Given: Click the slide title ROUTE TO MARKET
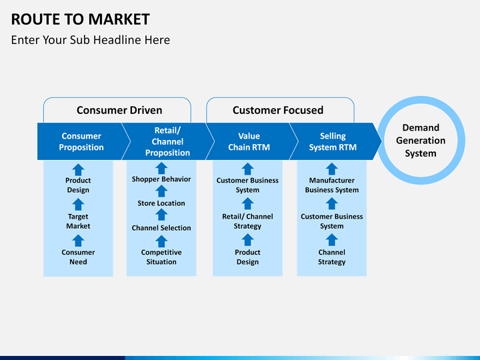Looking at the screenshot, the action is (x=80, y=19).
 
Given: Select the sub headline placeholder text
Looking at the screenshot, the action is (x=90, y=40).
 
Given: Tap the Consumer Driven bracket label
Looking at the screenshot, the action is (x=119, y=110).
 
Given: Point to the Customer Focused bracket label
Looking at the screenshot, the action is (x=278, y=110).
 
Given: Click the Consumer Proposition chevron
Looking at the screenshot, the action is (x=81, y=141).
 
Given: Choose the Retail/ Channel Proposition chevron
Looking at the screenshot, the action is (x=167, y=141).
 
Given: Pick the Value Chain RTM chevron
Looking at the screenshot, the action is (x=249, y=141).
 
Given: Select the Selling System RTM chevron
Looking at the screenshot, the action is (x=333, y=141).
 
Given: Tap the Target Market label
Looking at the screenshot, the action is (x=78, y=221).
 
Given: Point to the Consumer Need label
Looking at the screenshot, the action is (x=78, y=257).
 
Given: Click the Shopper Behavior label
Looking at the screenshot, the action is (x=161, y=179).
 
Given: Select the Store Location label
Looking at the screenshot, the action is (x=161, y=203).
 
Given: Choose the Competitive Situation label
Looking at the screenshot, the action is (x=161, y=257).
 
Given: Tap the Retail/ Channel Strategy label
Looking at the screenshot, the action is (x=247, y=221).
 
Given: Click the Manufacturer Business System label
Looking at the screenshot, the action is (x=332, y=185).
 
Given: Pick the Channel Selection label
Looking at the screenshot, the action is (x=161, y=228).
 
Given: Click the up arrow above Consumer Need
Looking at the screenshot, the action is (x=78, y=241).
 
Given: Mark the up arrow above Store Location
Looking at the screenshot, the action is (x=161, y=191).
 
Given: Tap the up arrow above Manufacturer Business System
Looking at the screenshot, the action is (x=331, y=169).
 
